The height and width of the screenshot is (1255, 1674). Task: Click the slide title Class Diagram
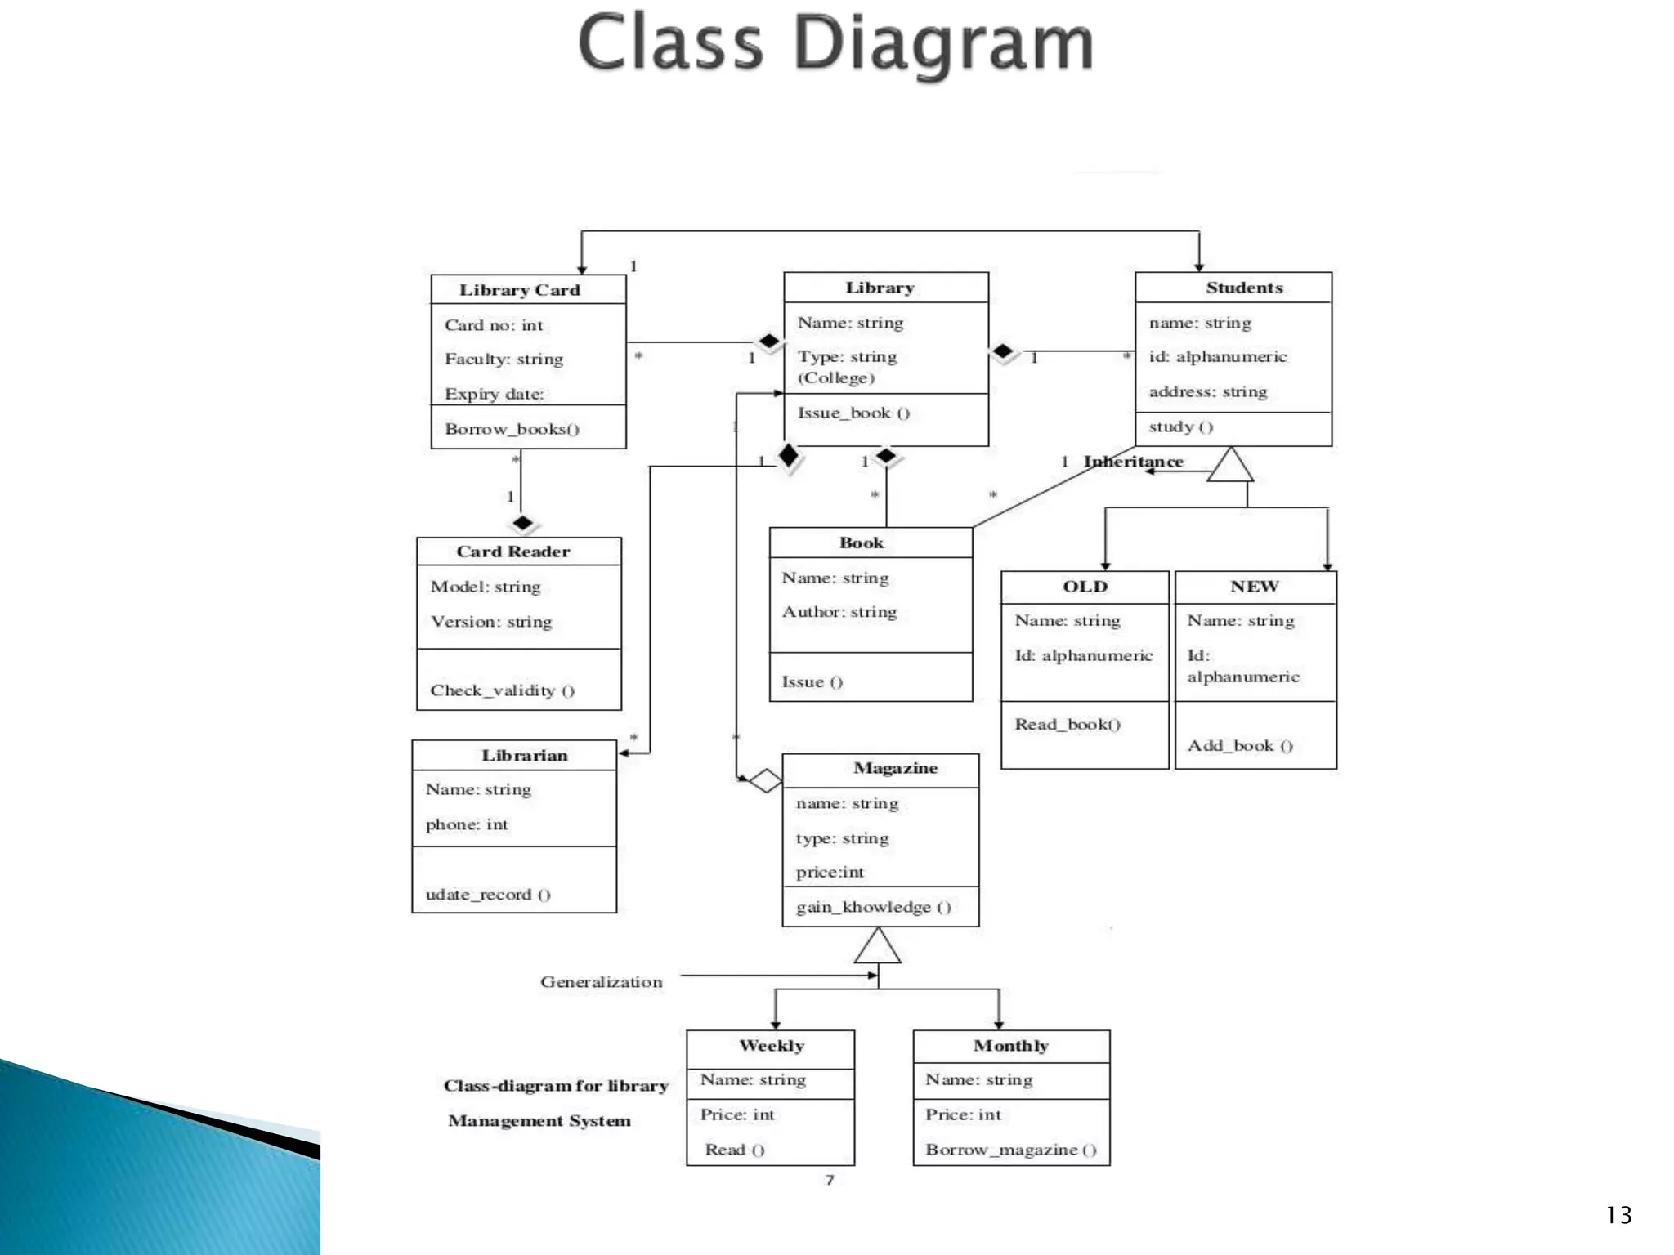click(835, 44)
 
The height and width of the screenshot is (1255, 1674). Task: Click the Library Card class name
click(519, 290)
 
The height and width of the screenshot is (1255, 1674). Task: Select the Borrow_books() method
click(512, 429)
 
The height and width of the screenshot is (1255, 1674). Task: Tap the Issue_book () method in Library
click(853, 413)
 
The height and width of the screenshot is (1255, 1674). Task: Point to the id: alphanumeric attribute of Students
click(1217, 356)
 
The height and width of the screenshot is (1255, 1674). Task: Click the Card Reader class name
click(512, 552)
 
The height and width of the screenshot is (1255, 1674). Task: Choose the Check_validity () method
click(502, 690)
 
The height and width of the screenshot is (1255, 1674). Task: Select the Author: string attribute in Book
click(839, 612)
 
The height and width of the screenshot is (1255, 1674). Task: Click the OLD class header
click(1085, 587)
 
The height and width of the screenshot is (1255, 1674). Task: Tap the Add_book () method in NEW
click(1239, 745)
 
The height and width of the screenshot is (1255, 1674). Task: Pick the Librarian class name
click(524, 756)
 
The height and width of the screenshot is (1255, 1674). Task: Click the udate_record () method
click(488, 895)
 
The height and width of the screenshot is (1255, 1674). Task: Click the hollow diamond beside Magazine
click(765, 780)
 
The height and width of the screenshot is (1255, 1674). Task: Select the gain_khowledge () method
click(873, 907)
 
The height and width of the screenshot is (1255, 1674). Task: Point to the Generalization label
click(601, 982)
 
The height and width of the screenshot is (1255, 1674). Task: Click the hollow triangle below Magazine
click(878, 948)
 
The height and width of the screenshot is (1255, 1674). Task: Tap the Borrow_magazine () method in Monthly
click(1010, 1150)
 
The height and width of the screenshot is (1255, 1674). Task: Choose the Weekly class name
click(771, 1046)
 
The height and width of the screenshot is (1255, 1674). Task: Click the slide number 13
click(1618, 1215)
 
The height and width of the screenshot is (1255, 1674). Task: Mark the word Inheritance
click(1133, 462)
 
